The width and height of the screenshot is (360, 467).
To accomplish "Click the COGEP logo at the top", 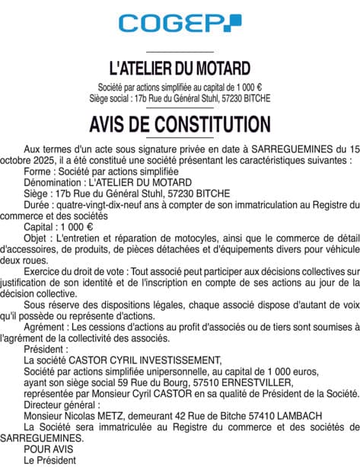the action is click(x=180, y=22).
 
